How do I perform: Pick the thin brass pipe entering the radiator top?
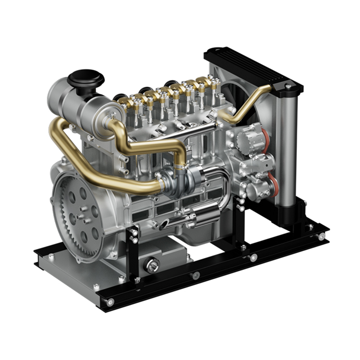pyautogui.click(x=252, y=101)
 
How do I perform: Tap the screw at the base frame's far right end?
pyautogui.click(x=322, y=236)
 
